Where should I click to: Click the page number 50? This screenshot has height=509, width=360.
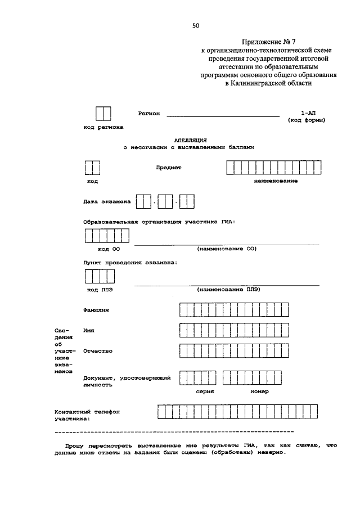pyautogui.click(x=196, y=25)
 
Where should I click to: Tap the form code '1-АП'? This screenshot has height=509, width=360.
pyautogui.click(x=308, y=113)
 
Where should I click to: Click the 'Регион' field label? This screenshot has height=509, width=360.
pyautogui.click(x=149, y=113)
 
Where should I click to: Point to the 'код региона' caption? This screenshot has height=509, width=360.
pyautogui.click(x=103, y=128)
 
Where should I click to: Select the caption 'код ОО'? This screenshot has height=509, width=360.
pyautogui.click(x=109, y=248)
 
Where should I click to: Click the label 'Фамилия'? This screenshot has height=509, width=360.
pyautogui.click(x=96, y=309)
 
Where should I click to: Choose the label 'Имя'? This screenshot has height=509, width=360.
pyautogui.click(x=88, y=331)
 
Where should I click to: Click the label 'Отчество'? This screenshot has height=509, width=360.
pyautogui.click(x=98, y=351)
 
